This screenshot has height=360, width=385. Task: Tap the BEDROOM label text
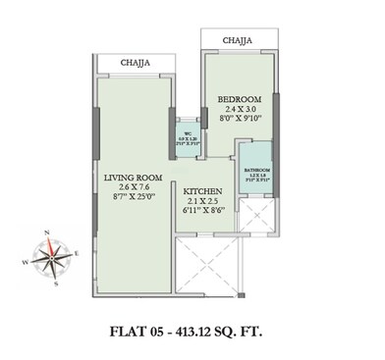pos(238,100)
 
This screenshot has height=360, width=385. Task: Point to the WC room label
pos(183,133)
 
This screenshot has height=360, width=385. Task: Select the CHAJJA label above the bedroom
pos(237,41)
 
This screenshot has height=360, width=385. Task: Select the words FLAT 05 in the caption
pos(137,330)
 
